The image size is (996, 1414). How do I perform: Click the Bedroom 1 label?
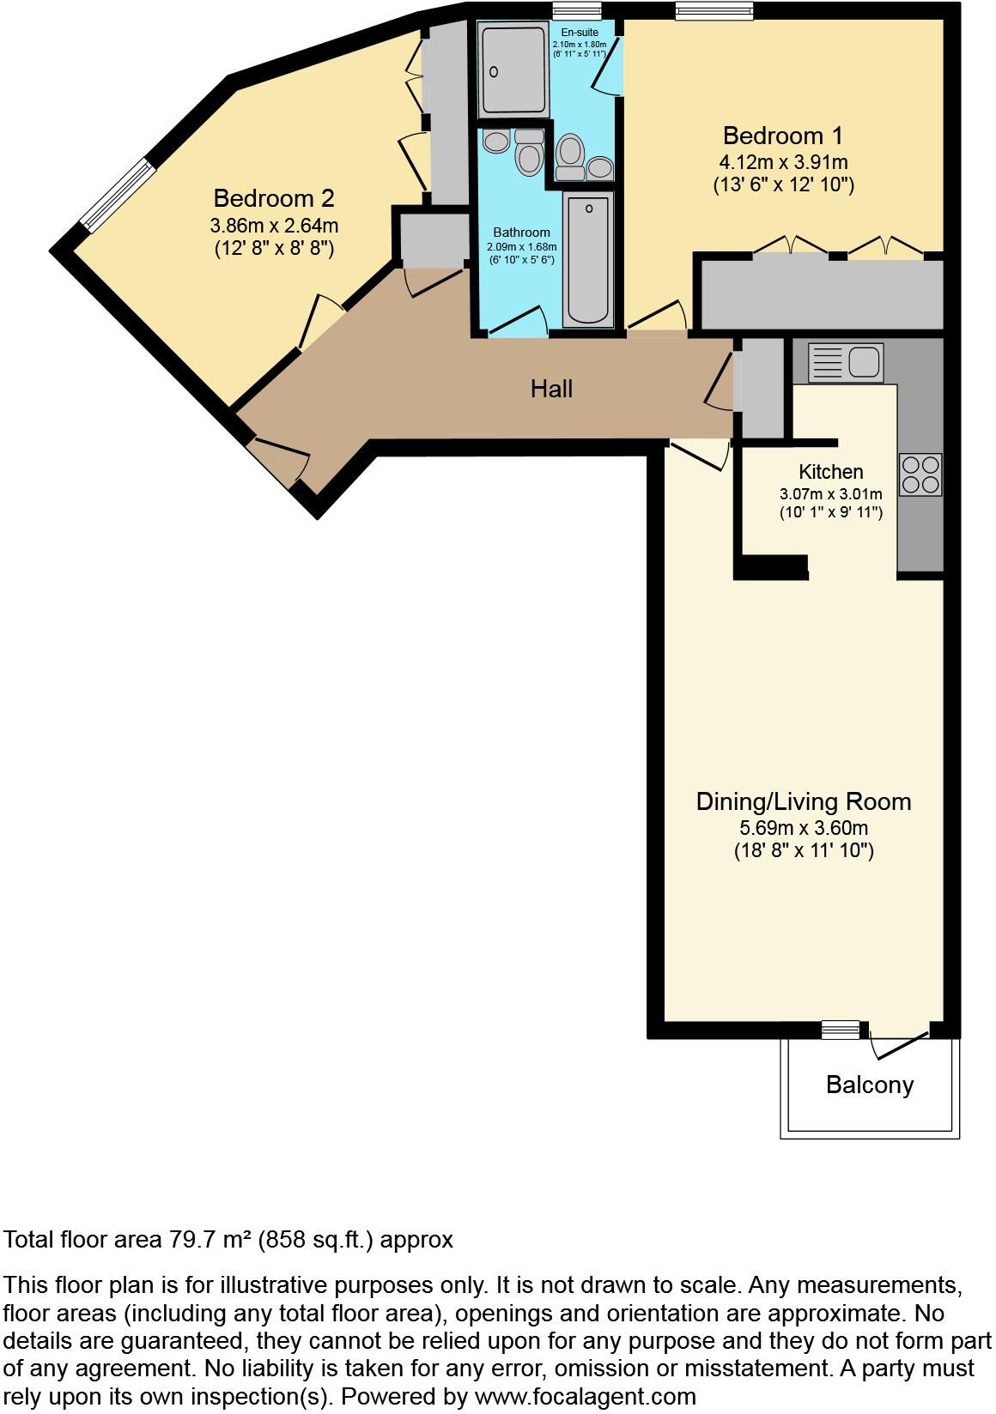782,136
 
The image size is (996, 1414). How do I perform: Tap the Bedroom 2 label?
273,198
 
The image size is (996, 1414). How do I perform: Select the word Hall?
551,389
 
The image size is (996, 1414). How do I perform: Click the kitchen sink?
846,362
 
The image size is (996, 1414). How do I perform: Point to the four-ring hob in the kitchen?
920,474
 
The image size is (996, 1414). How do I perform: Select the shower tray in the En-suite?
513,69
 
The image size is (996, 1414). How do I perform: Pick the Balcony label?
869,1085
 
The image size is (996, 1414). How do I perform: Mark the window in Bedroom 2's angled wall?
119,196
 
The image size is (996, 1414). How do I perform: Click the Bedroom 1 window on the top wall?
714,10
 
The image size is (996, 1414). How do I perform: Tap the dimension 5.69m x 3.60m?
803,828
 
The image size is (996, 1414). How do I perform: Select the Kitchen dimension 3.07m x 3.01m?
830,494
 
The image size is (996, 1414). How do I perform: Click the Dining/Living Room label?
803,801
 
